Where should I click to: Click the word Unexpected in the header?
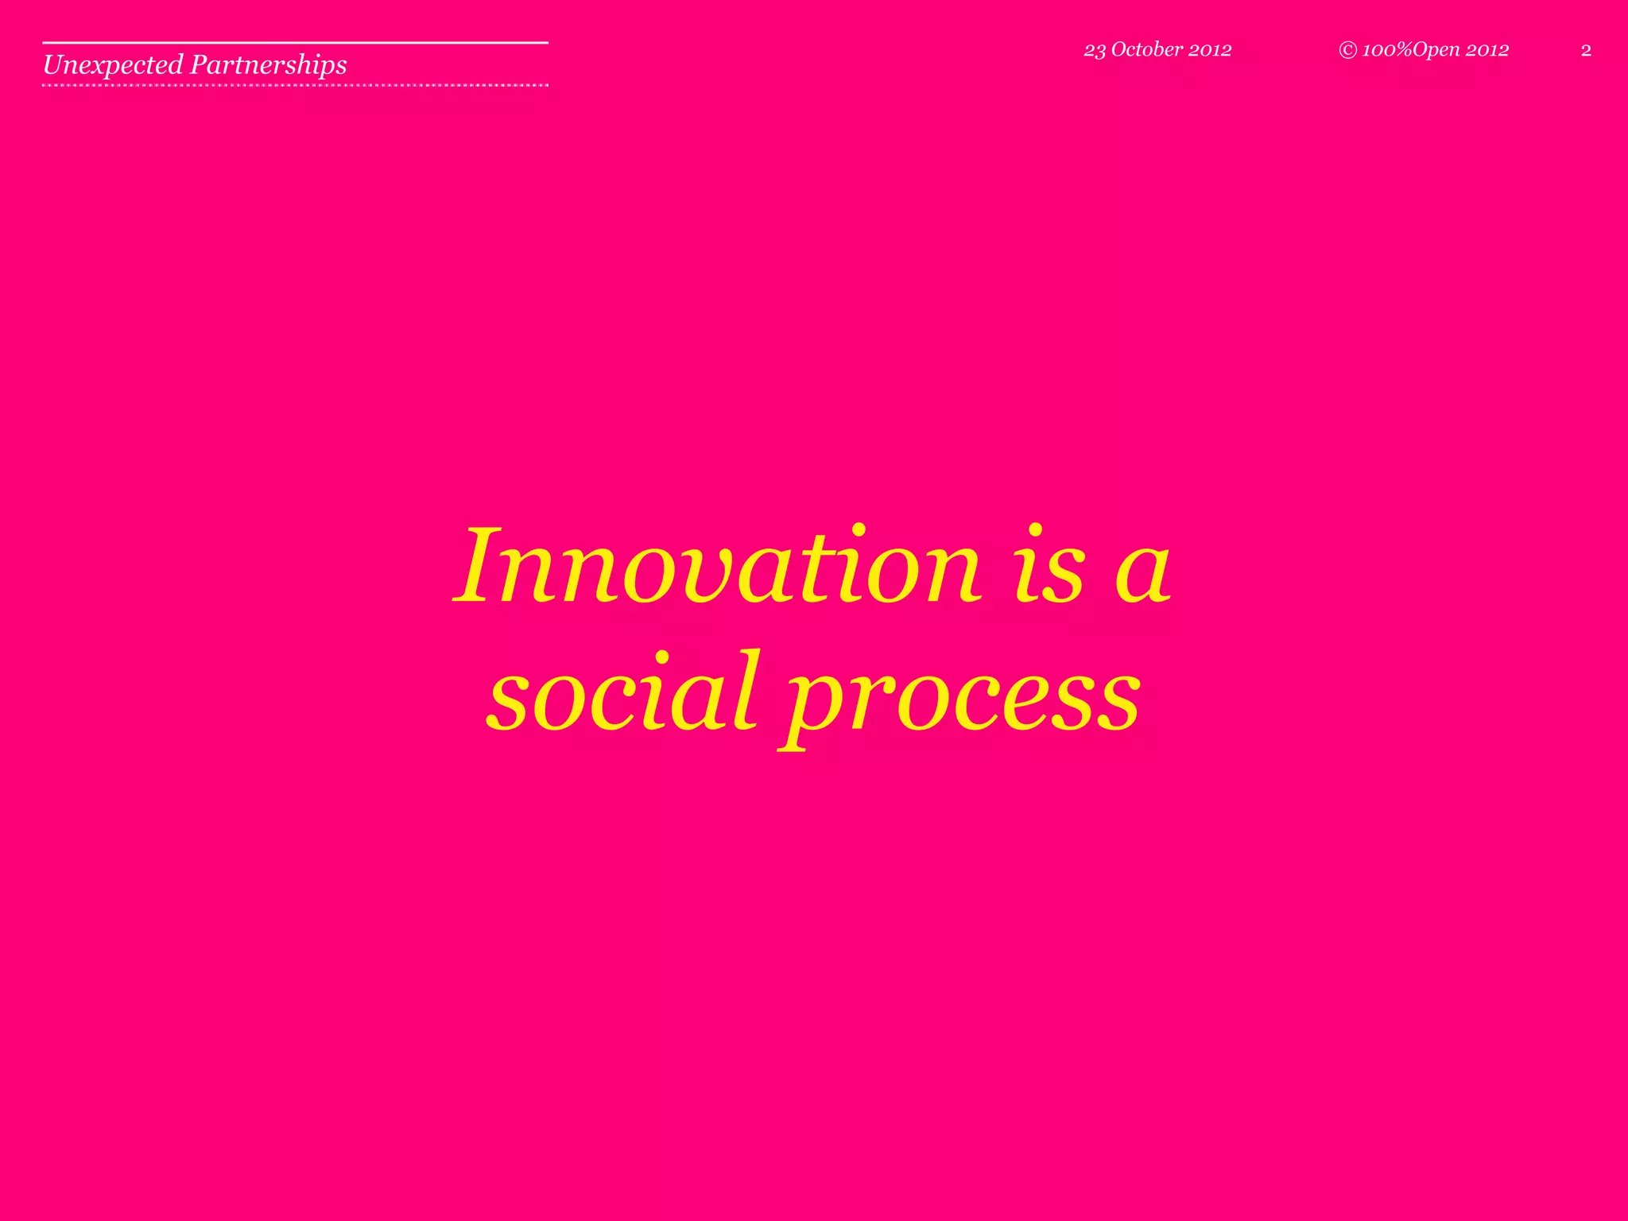113,64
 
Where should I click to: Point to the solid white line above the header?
295,42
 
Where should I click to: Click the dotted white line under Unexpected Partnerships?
295,84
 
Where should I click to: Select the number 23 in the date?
1095,50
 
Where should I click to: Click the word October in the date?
1147,49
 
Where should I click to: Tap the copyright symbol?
1347,50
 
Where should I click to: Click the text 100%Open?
1411,50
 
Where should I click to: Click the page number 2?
1586,51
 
